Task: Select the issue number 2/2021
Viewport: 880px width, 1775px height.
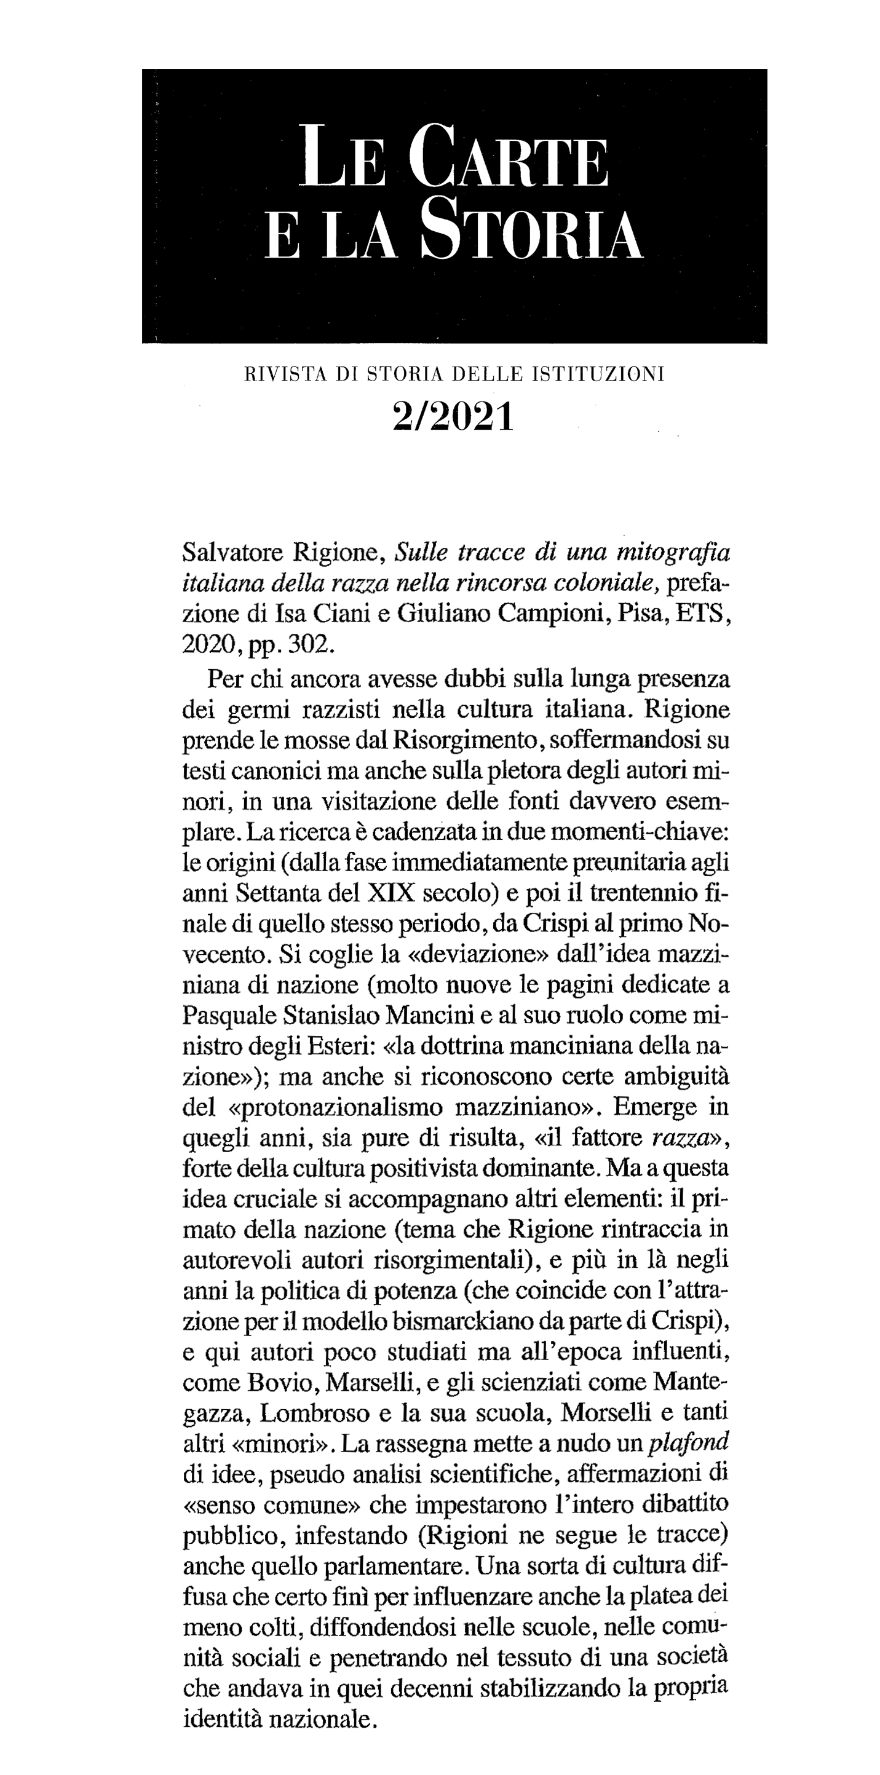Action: pos(453,417)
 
